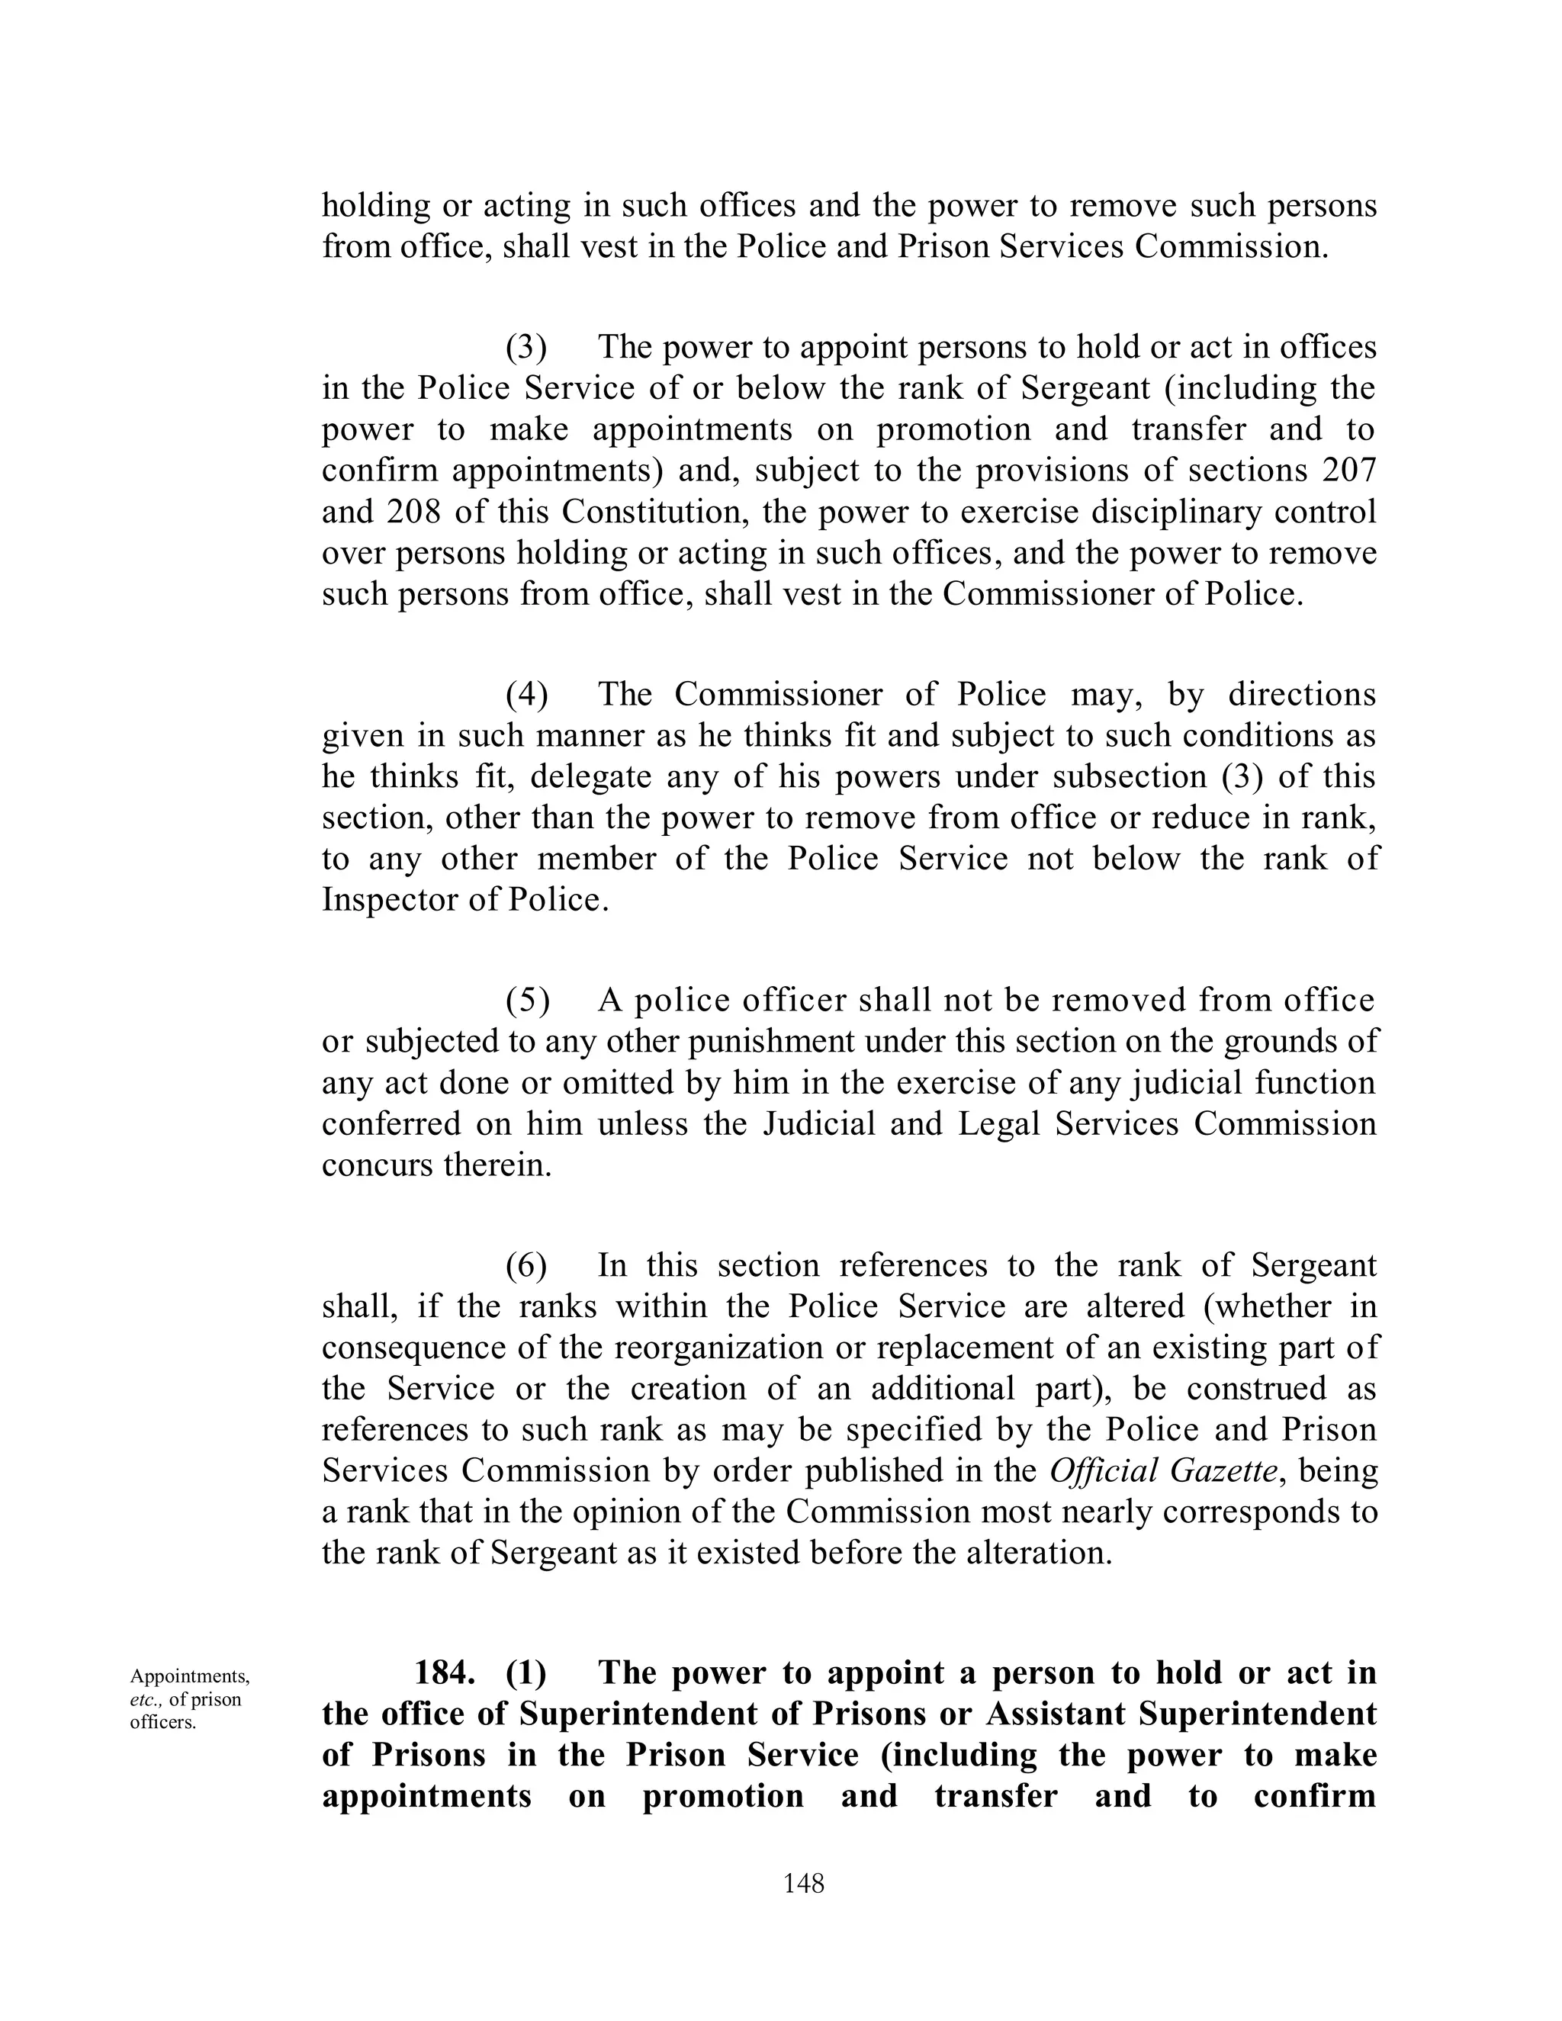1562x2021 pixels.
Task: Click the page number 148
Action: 803,1881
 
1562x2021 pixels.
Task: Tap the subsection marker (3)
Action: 525,347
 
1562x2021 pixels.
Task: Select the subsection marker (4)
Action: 525,694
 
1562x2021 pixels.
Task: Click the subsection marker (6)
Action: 525,1265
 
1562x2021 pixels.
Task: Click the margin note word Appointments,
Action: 190,1676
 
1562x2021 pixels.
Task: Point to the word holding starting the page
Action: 376,204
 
